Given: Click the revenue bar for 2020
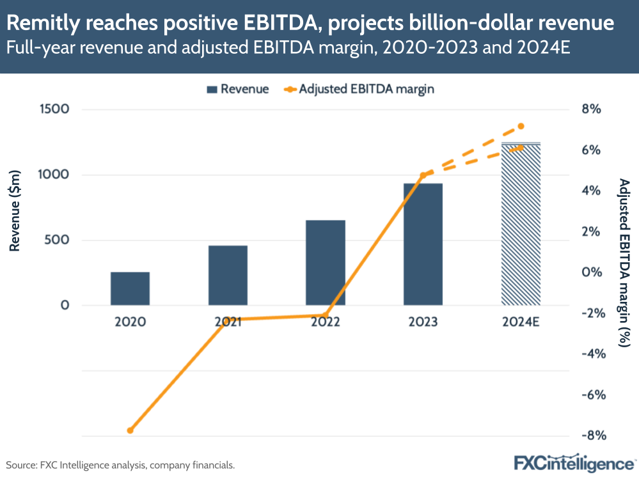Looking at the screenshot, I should click(130, 288).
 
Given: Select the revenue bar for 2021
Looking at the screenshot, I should click(228, 275).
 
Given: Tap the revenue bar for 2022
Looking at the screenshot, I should click(326, 262).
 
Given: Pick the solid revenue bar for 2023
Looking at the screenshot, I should click(423, 244).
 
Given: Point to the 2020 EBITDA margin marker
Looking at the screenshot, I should click(130, 430).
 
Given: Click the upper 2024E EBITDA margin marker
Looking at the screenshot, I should click(521, 126).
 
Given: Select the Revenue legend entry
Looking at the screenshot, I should click(237, 89).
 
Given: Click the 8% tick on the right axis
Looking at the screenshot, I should click(592, 109).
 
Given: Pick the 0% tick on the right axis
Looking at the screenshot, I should click(592, 272).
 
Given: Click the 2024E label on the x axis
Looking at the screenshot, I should click(521, 322).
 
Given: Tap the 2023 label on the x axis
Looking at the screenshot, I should click(423, 322).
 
